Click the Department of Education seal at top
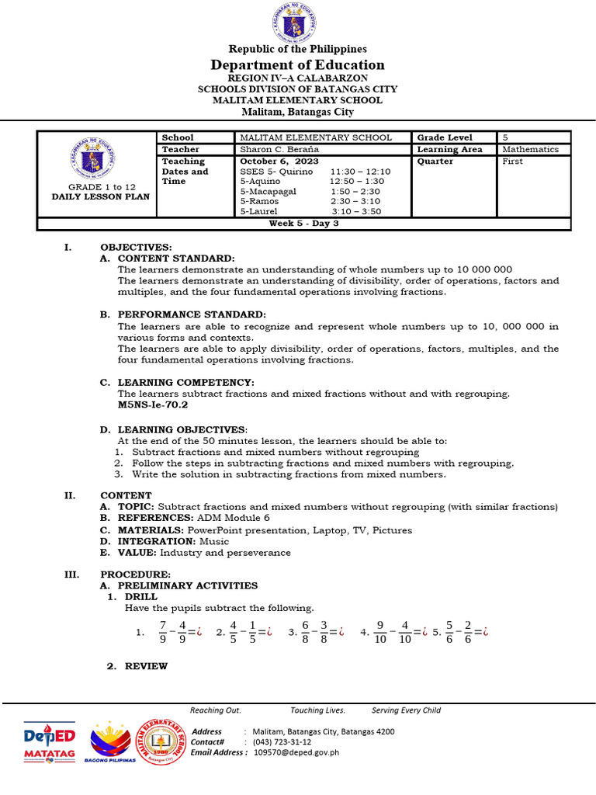297,22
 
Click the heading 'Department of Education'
298,65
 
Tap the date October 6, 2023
269,161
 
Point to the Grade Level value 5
505,137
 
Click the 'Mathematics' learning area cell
530,149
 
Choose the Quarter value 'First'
512,161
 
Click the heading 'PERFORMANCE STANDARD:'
192,314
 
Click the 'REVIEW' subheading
146,666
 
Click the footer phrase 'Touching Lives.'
317,710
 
